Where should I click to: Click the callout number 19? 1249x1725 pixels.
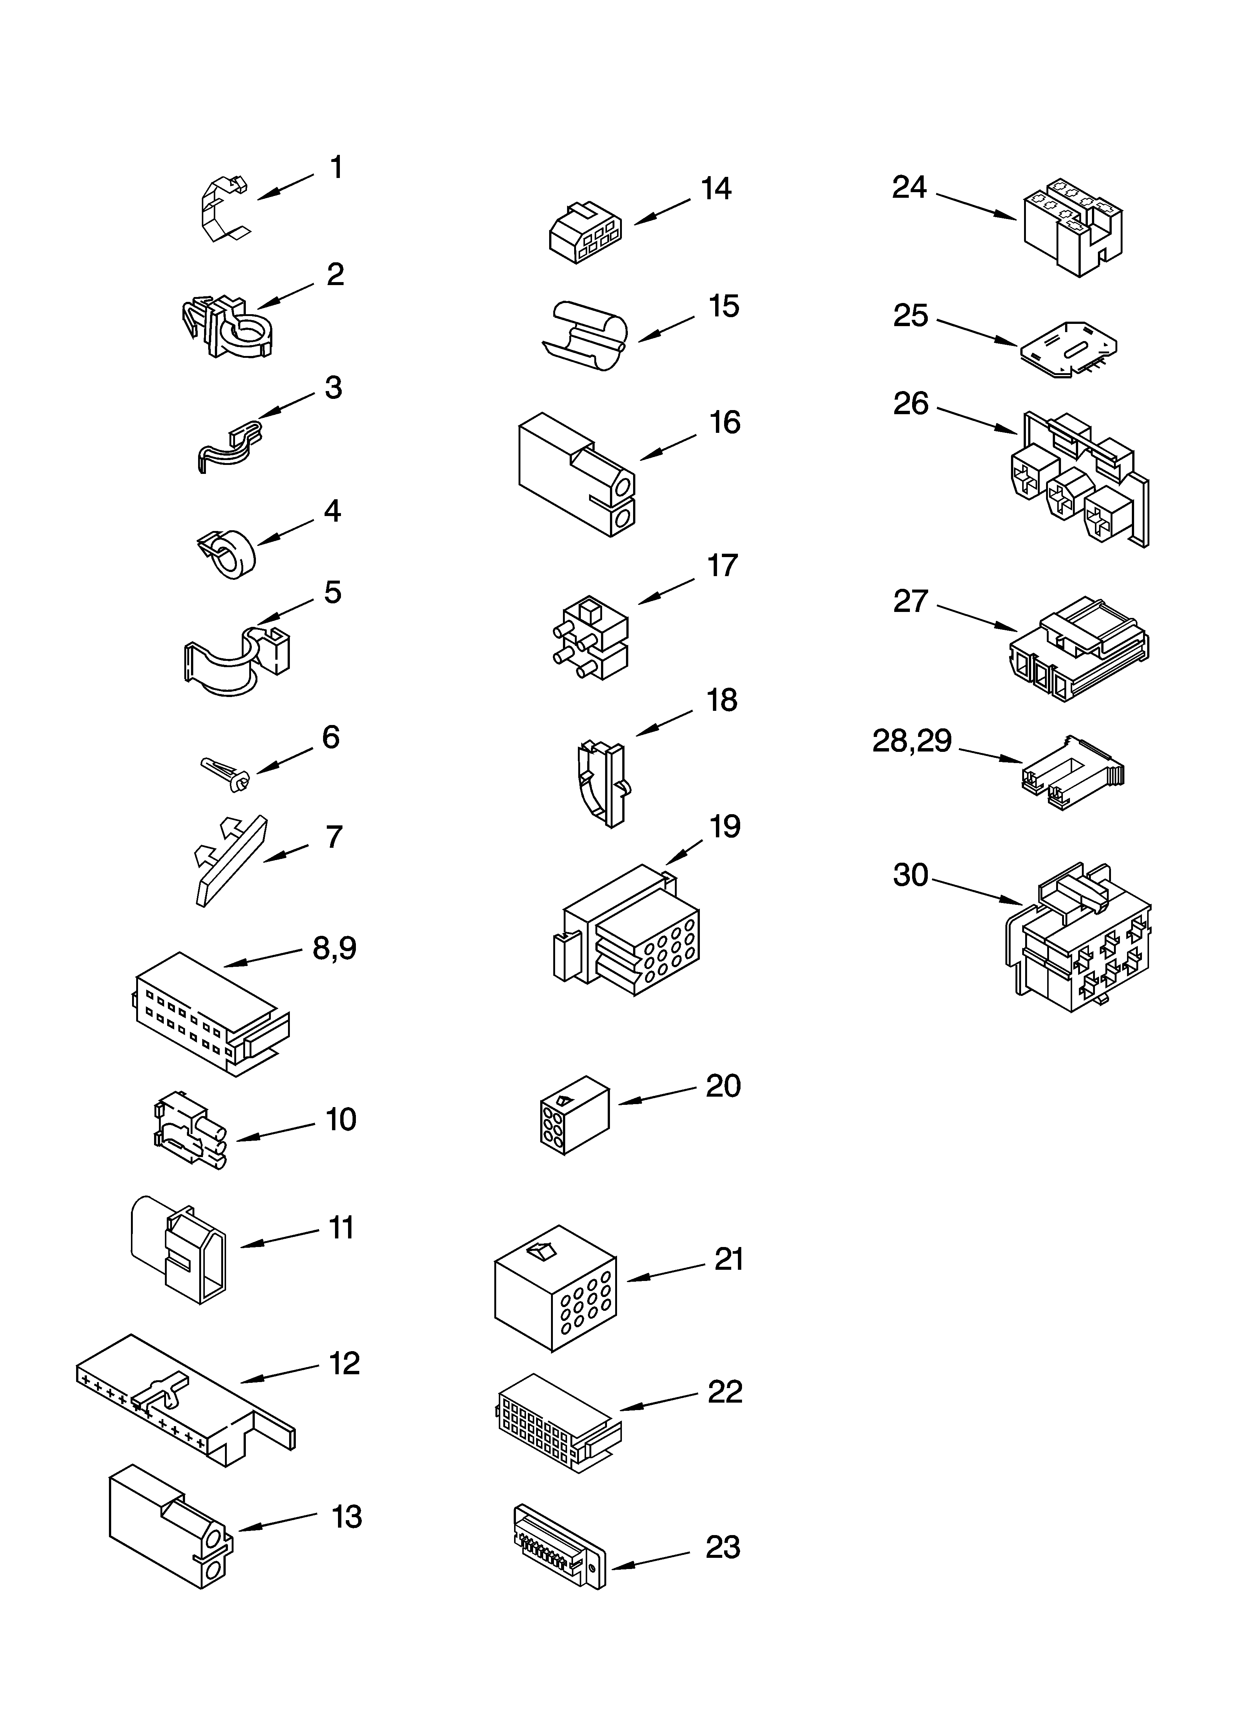coord(724,827)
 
